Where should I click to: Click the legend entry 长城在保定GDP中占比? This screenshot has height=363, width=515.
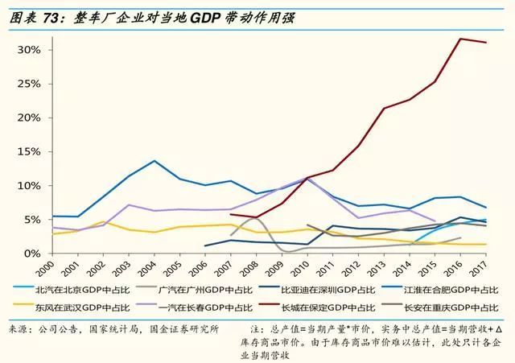tap(319, 305)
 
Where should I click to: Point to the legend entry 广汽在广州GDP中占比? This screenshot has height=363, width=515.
tap(193, 287)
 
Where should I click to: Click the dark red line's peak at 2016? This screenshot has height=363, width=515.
tap(459, 39)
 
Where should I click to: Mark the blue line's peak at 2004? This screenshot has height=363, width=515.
tap(154, 160)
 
